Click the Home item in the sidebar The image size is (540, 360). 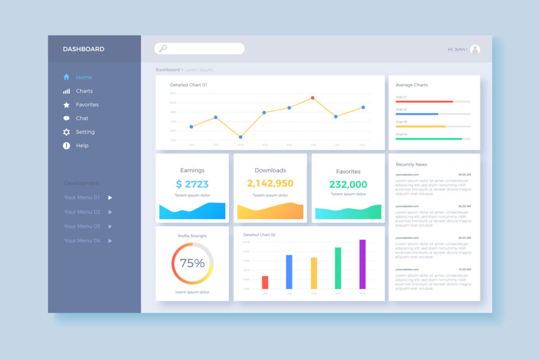coord(83,77)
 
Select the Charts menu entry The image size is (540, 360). coord(84,91)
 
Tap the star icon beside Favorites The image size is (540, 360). coord(66,105)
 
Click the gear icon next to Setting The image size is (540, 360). coord(66,132)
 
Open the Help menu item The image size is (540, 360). coord(82,145)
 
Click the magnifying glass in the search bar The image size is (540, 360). coord(163,48)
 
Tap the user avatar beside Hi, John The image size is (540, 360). coord(475,50)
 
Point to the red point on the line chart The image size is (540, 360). coord(313,98)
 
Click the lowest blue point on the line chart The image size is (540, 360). coord(240,137)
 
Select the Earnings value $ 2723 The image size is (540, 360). coord(192,184)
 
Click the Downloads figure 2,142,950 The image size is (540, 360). coord(270,183)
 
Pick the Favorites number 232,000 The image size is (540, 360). coord(348,184)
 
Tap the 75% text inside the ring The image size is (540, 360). coord(192,263)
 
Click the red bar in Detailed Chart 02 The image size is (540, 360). coord(265,283)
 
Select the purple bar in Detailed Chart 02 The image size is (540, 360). coord(362,265)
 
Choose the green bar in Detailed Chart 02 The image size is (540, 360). coord(338,268)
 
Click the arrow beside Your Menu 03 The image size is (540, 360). coord(110,226)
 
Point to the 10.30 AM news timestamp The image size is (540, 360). coord(465,269)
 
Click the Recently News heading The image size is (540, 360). coord(411,164)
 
